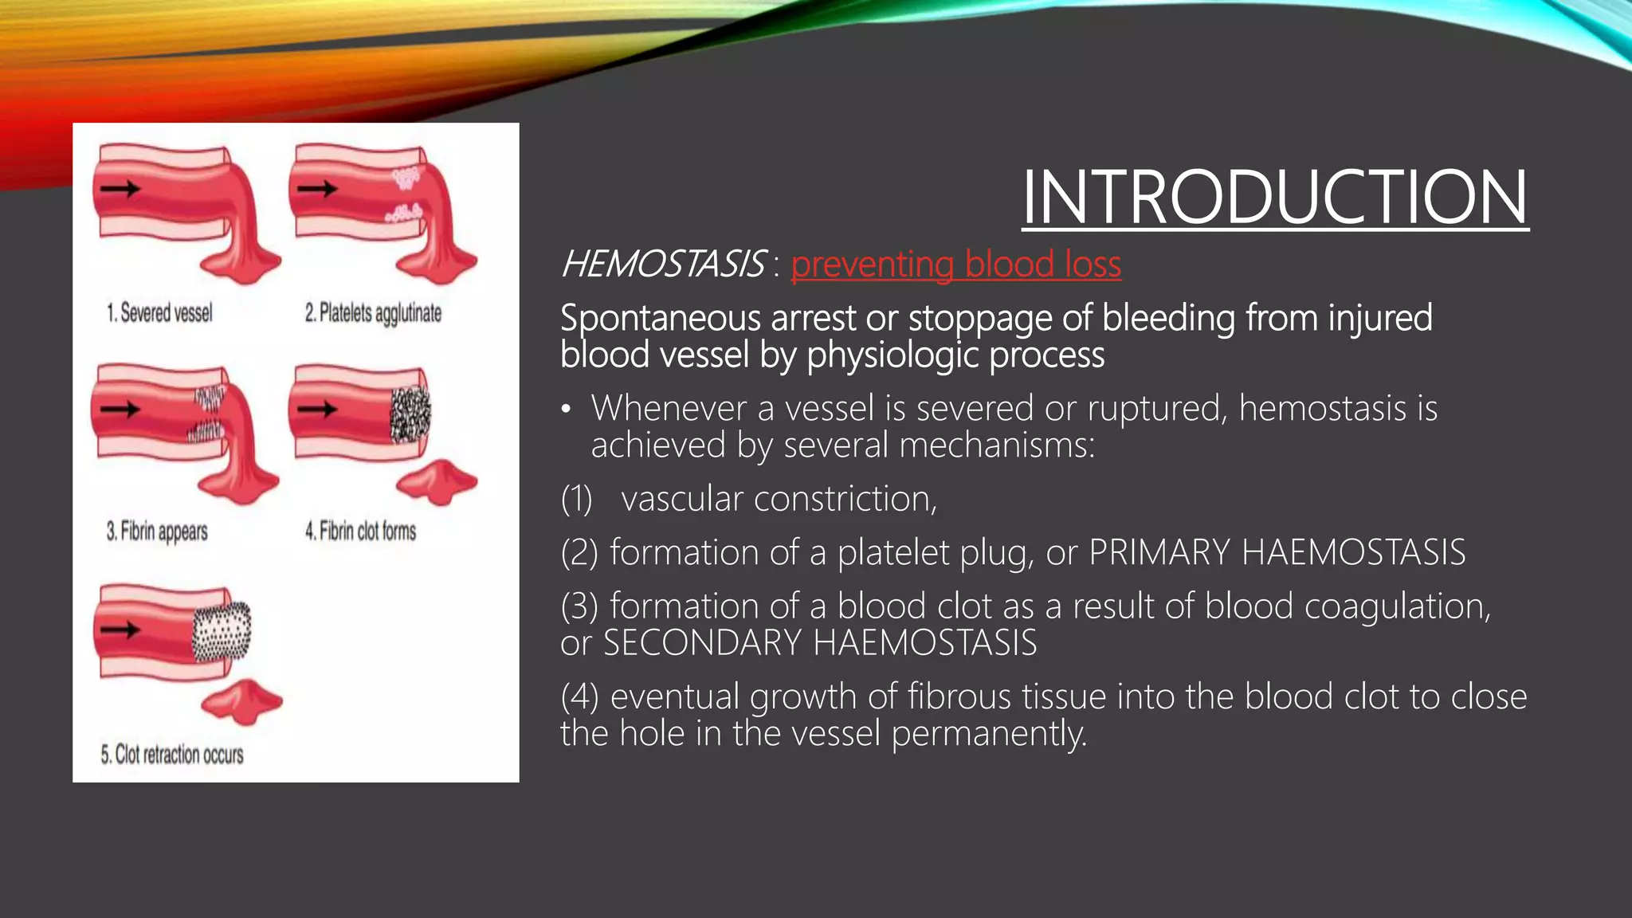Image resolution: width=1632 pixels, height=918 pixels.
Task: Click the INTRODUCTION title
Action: (x=1274, y=198)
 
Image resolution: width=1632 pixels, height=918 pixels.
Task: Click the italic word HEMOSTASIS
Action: (x=662, y=265)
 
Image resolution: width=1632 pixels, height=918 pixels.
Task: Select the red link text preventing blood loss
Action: (x=955, y=265)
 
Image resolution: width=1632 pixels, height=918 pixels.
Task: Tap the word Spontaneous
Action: (x=660, y=318)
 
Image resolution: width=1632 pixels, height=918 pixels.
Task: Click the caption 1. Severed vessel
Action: (x=159, y=312)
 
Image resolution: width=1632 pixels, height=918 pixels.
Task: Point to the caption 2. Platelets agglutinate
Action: (x=373, y=313)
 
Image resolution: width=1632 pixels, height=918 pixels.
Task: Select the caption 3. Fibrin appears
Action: (x=157, y=532)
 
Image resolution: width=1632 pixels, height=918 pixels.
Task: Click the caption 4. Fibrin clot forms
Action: (x=360, y=531)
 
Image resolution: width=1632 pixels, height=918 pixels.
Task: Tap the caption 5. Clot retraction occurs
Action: (x=172, y=754)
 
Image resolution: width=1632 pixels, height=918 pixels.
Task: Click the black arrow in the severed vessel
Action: (x=120, y=189)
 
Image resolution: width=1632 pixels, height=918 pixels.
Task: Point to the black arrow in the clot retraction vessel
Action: (x=120, y=630)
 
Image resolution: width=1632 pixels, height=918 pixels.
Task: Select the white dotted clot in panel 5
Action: (x=222, y=632)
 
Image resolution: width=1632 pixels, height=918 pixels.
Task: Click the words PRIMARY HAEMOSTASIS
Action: (x=1277, y=552)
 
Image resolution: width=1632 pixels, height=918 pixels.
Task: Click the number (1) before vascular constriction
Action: (x=576, y=499)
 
